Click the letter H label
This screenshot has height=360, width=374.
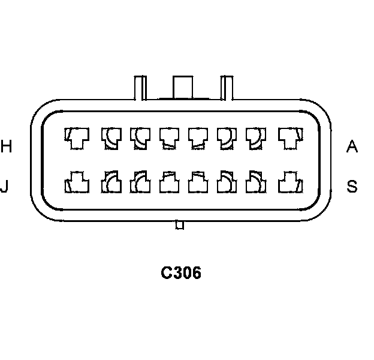pyautogui.click(x=6, y=146)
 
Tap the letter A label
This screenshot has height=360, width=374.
pyautogui.click(x=352, y=146)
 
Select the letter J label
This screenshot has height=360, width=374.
pyautogui.click(x=5, y=187)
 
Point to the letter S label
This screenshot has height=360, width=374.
pyautogui.click(x=352, y=187)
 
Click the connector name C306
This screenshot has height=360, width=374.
pyautogui.click(x=180, y=273)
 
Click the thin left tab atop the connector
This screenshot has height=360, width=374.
pyautogui.click(x=139, y=88)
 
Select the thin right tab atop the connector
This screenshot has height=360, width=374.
pyautogui.click(x=227, y=88)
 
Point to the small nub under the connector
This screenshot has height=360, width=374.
pyautogui.click(x=179, y=225)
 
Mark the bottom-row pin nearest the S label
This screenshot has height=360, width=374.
pyautogui.click(x=288, y=182)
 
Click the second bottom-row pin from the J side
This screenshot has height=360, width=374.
pyautogui.click(x=111, y=182)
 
